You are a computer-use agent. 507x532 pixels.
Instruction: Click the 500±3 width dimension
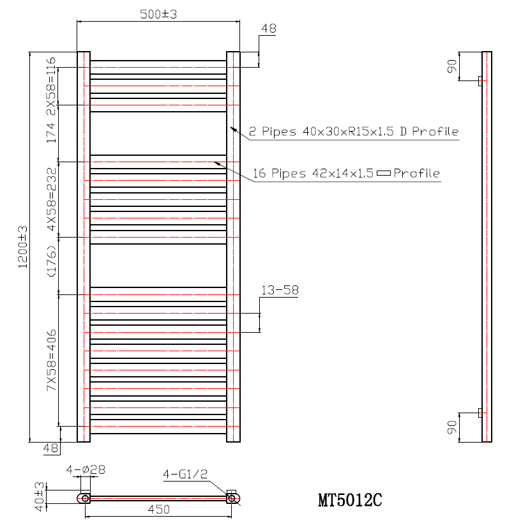(158, 14)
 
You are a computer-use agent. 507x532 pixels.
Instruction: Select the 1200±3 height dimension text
(24, 247)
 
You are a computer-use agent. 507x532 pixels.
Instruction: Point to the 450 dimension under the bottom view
(158, 509)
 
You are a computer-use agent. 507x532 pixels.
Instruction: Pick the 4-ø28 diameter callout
(86, 469)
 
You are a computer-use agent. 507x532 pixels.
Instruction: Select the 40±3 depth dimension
(40, 496)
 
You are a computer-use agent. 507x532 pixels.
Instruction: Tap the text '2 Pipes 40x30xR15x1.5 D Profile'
(354, 132)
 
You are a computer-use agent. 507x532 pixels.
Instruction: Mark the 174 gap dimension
(51, 132)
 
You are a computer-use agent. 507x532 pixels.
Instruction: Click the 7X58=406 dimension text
(51, 360)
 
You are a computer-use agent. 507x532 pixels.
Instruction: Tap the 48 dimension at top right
(269, 29)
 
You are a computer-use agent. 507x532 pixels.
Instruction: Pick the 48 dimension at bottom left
(50, 449)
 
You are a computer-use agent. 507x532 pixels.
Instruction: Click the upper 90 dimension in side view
(452, 66)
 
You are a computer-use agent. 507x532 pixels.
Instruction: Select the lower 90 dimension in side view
(452, 427)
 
